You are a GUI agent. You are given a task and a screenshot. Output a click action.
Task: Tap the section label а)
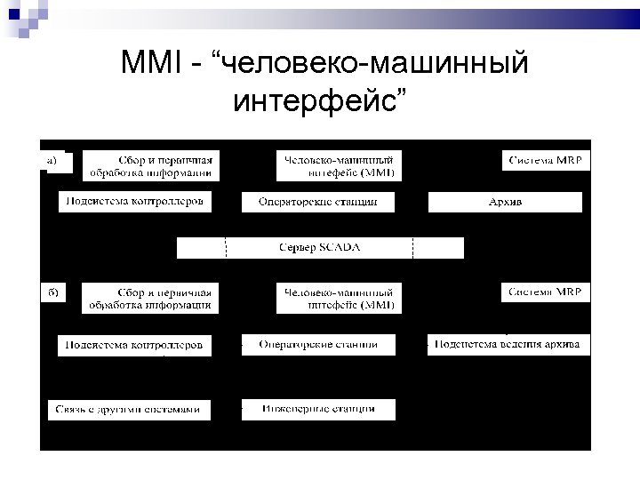click(52, 160)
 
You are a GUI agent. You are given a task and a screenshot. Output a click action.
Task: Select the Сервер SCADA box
click(319, 248)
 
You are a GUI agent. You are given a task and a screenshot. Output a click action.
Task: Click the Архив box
click(505, 203)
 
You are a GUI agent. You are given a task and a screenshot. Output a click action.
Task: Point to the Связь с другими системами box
click(130, 410)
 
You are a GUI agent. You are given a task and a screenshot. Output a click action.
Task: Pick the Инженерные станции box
click(318, 410)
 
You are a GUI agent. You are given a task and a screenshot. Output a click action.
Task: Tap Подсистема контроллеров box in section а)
click(135, 202)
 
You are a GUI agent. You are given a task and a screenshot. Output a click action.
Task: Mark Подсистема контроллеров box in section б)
click(135, 345)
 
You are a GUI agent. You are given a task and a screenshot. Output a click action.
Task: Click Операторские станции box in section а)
click(318, 203)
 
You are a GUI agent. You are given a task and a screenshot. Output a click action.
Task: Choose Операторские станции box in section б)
click(318, 345)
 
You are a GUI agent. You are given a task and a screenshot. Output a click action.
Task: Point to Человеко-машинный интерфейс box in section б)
click(339, 298)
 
